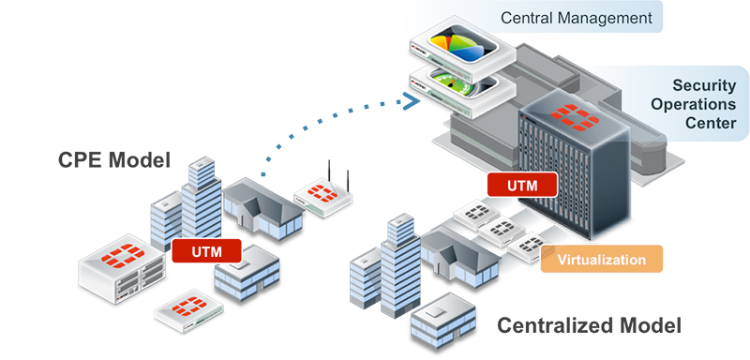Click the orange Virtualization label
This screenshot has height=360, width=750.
(x=602, y=259)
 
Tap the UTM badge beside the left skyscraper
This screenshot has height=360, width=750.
(x=207, y=251)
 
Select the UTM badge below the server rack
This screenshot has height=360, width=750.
(x=522, y=185)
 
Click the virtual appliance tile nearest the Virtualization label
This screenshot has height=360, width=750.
(x=525, y=247)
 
